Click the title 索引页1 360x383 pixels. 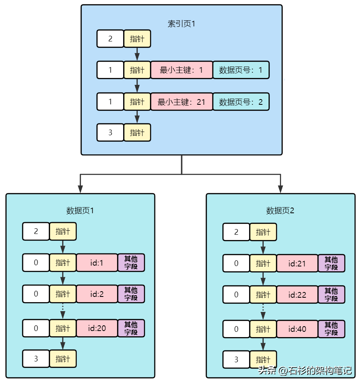pos(182,24)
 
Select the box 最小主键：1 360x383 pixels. pos(182,70)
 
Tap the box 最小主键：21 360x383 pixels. pos(182,102)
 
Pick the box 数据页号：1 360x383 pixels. pos(241,70)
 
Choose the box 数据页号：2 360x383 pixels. pos(241,102)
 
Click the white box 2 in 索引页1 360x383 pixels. pos(110,39)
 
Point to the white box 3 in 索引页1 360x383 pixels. pos(110,132)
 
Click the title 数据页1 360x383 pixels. pos(80,211)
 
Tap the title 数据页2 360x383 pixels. pos(280,211)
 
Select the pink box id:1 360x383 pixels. pos(97,263)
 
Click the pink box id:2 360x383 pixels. pos(97,294)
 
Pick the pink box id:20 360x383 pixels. pos(97,328)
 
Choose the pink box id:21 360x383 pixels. pos(297,263)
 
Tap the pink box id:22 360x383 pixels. pos(297,294)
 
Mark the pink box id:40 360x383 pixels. pos(297,329)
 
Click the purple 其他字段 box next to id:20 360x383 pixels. pos(131,328)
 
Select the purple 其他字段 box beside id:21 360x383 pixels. pos(332,263)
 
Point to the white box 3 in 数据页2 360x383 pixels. pos(236,359)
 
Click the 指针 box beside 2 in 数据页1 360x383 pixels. pos(63,232)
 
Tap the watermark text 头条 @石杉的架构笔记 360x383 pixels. pos(305,370)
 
